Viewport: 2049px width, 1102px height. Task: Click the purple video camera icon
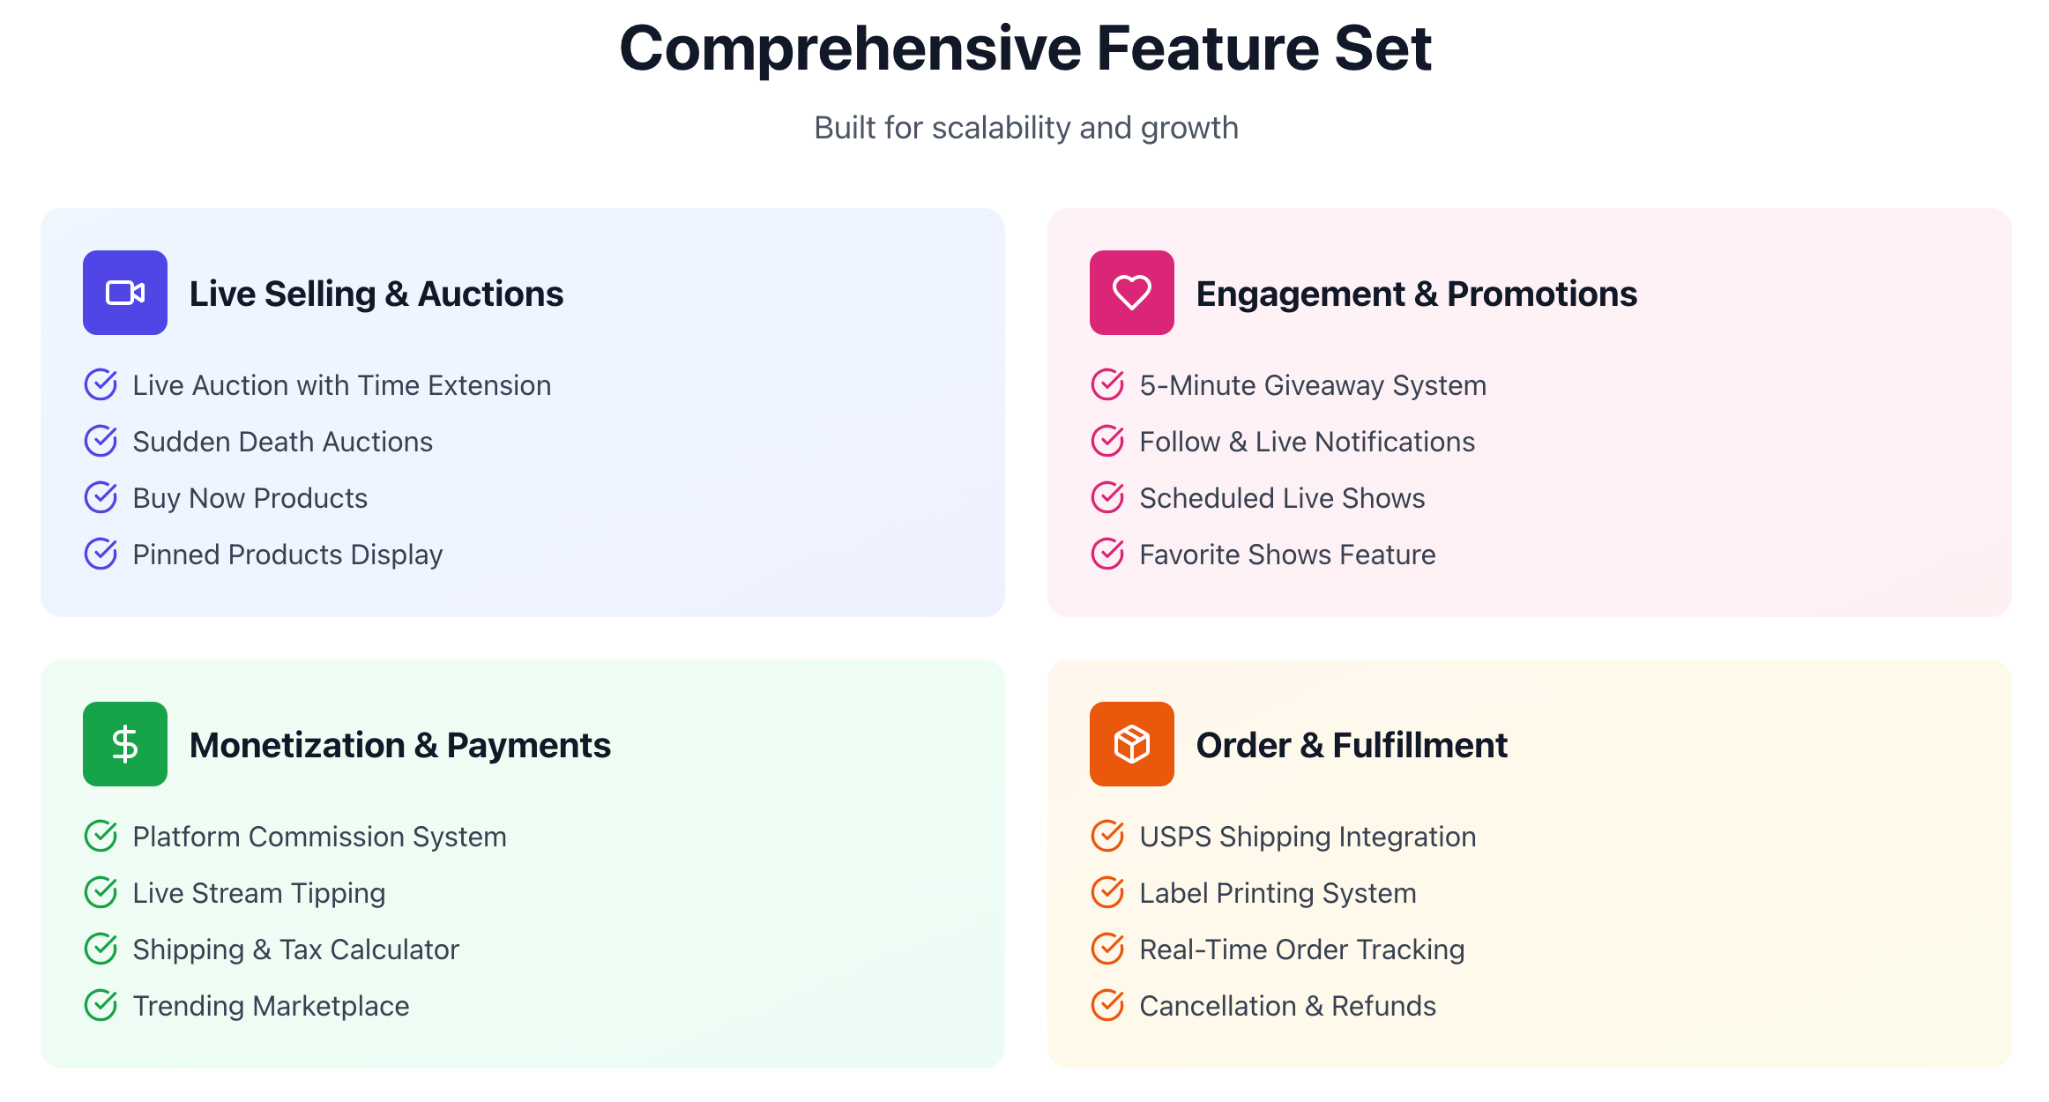click(125, 293)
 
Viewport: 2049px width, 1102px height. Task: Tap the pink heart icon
click(1131, 293)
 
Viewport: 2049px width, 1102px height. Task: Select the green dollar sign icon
click(125, 744)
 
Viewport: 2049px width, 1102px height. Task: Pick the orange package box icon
click(1131, 744)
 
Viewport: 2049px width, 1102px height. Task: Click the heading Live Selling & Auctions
click(376, 294)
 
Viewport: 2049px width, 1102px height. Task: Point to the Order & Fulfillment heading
click(1351, 745)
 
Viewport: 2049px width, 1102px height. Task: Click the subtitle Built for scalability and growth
click(1025, 128)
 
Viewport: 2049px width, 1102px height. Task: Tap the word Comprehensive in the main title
click(850, 48)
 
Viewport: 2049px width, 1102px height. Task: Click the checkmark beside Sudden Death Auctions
click(101, 441)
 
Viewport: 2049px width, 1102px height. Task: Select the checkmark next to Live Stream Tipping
click(101, 892)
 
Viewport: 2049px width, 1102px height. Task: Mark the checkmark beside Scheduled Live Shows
click(1107, 497)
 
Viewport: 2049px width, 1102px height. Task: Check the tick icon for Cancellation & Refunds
click(1107, 1005)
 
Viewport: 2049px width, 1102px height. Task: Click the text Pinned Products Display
click(287, 555)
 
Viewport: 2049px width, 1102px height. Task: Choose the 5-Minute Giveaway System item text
click(1312, 385)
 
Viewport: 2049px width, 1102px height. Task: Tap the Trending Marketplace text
click(271, 1006)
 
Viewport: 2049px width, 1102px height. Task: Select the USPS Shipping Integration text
click(1307, 837)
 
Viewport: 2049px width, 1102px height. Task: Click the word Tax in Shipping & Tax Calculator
click(301, 949)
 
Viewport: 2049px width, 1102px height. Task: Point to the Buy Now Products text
click(250, 498)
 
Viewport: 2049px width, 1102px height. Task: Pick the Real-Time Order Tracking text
click(1301, 949)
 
